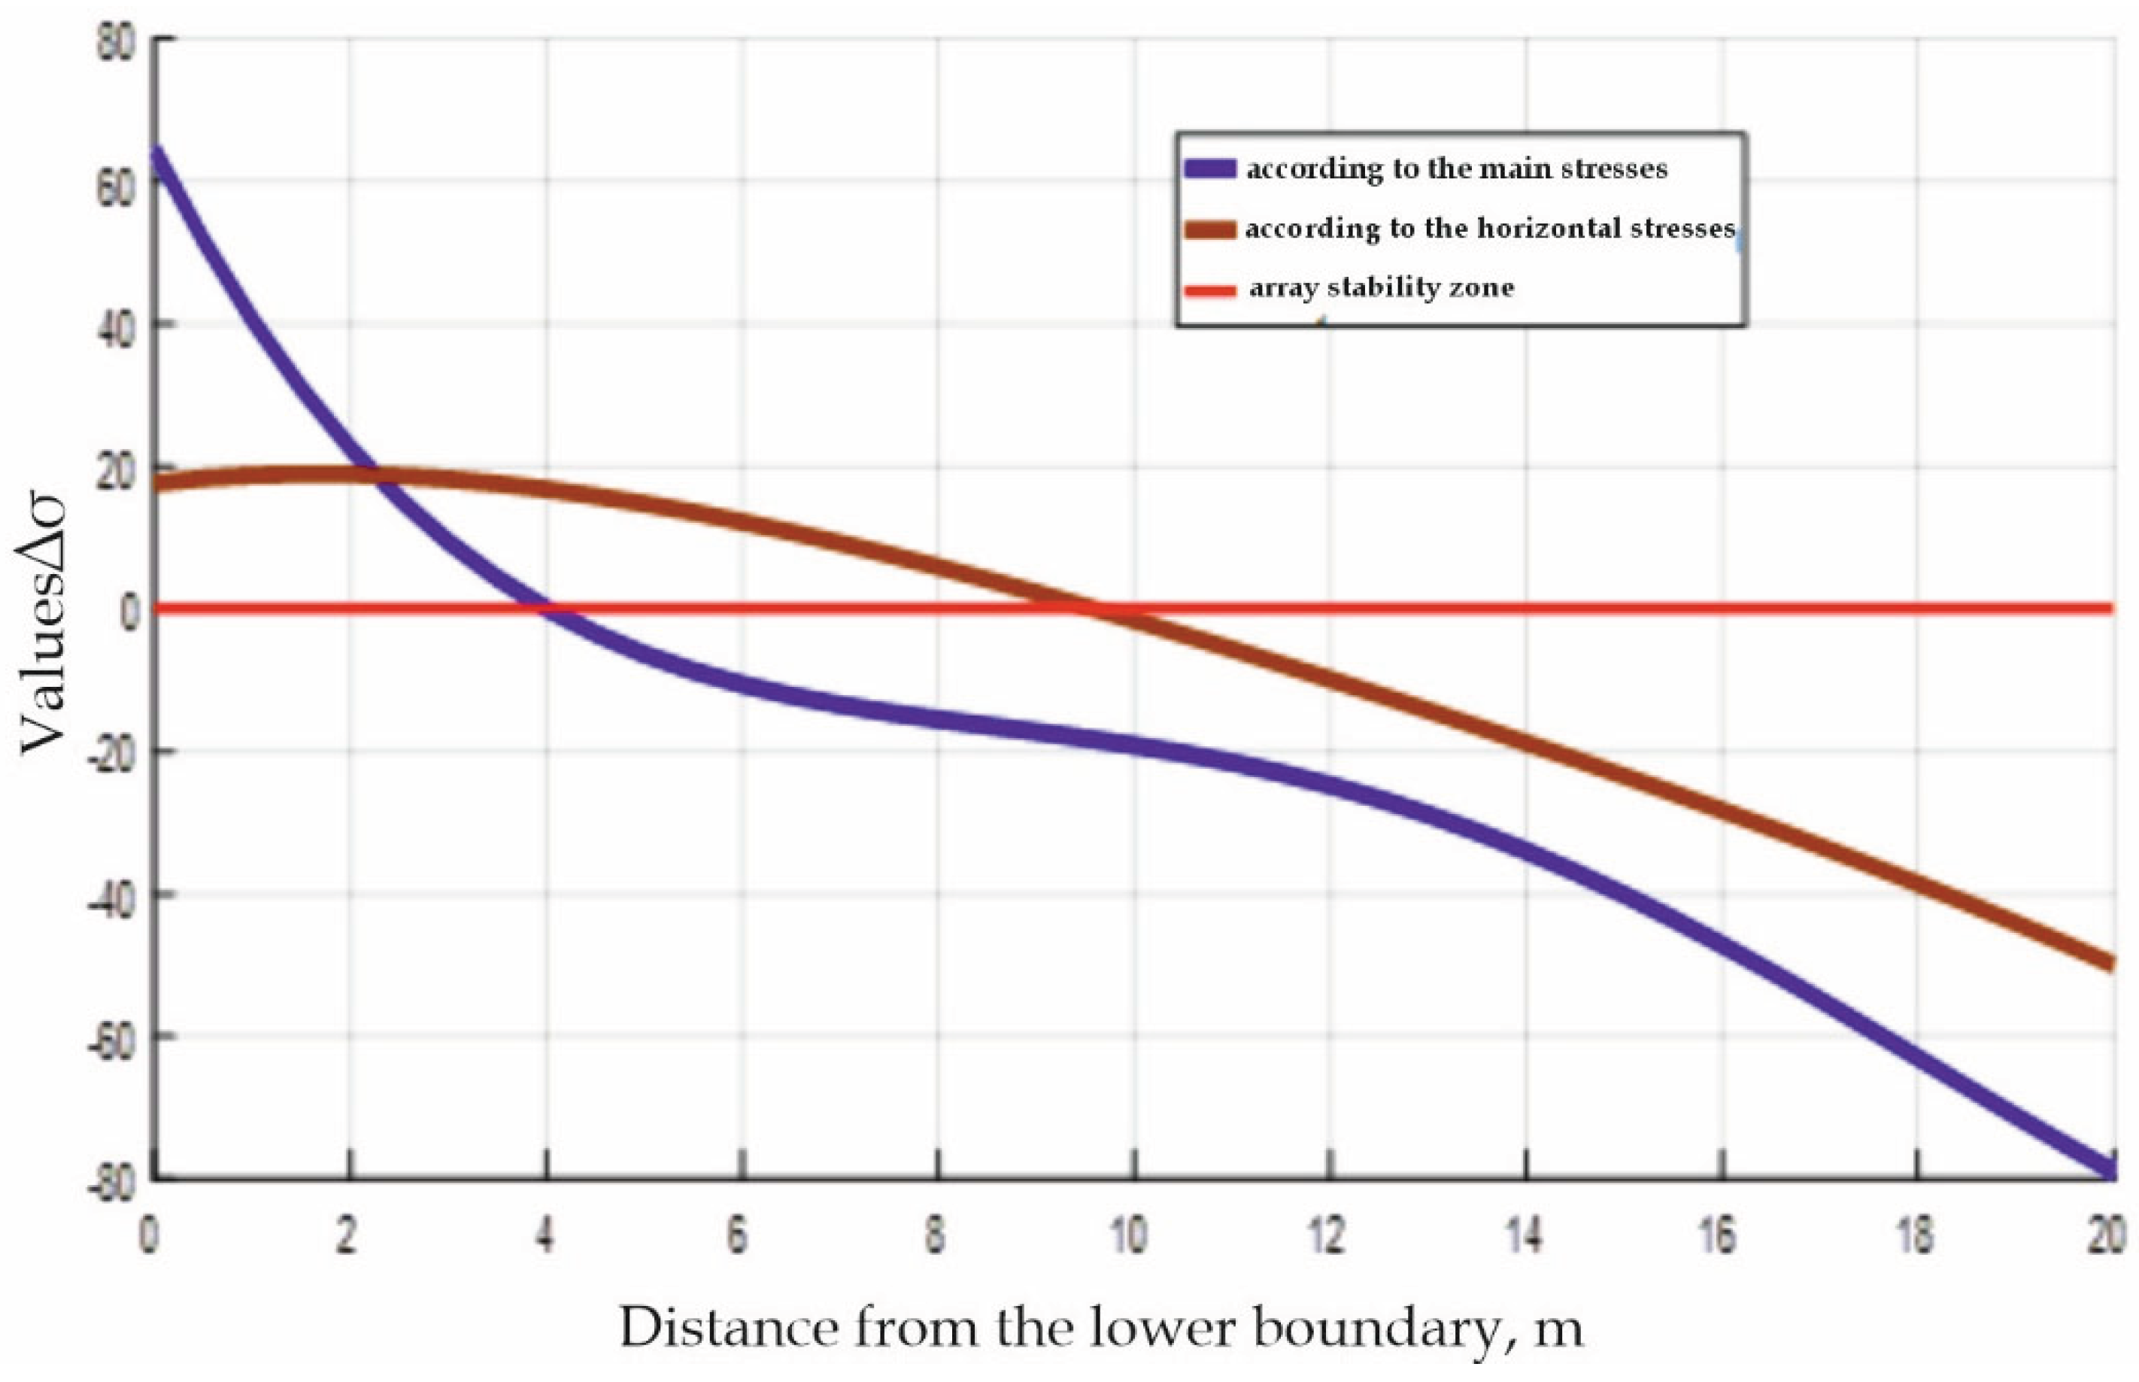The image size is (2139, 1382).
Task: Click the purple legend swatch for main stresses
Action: point(1210,169)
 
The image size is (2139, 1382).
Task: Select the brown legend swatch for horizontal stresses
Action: point(1210,229)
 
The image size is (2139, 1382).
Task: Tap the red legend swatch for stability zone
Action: point(1210,290)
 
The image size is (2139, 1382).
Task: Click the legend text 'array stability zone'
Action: point(1381,288)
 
